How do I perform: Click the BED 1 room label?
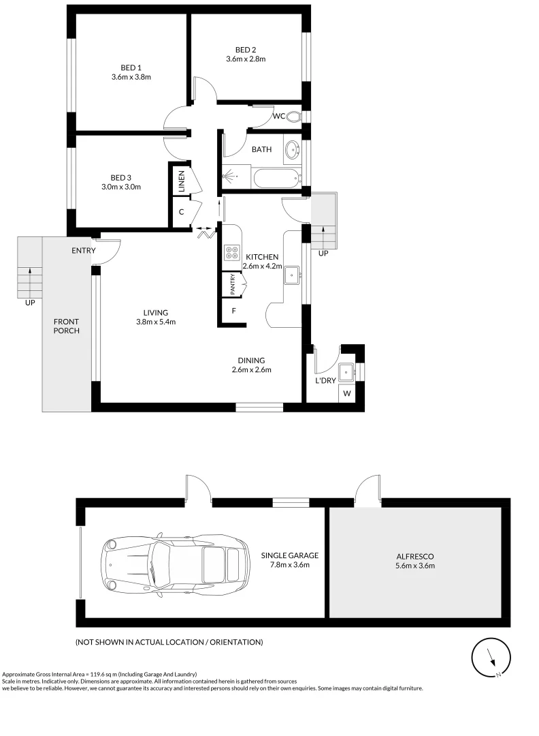coord(131,67)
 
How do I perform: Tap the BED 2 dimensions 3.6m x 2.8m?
coord(246,59)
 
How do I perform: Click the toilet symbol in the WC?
coord(293,117)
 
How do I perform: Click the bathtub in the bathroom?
coord(276,179)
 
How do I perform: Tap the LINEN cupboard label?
coord(182,180)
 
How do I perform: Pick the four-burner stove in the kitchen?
coord(230,253)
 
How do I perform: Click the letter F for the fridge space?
coord(233,311)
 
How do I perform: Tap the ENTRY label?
coord(83,251)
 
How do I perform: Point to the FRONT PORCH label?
coord(67,326)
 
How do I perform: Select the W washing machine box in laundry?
coord(347,393)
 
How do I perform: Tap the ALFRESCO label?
coord(414,555)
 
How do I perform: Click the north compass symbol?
coord(490,658)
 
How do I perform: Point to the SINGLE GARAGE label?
coord(290,555)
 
